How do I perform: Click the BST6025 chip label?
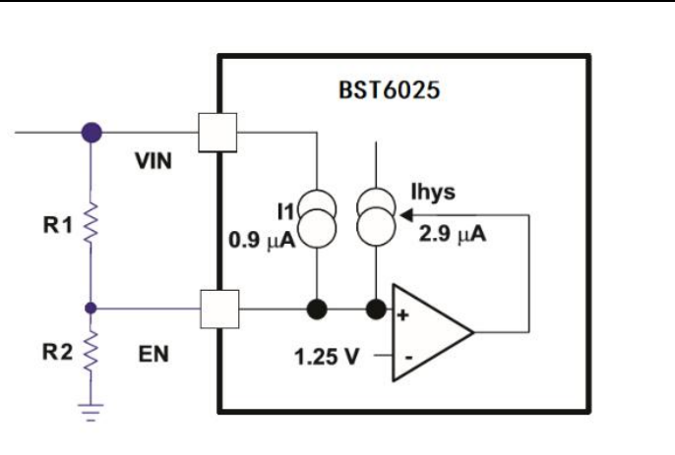click(x=390, y=90)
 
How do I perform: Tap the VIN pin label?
click(x=153, y=161)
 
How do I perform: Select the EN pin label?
click(x=153, y=354)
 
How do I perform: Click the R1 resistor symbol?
click(x=91, y=224)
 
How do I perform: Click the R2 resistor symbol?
click(x=91, y=352)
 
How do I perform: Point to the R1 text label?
click(x=58, y=225)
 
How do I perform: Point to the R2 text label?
click(x=57, y=352)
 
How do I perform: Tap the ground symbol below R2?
click(x=91, y=412)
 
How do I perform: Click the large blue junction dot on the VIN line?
click(x=92, y=132)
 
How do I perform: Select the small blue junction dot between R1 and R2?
click(x=91, y=308)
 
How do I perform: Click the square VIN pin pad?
click(x=217, y=133)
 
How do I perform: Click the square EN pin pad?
click(x=219, y=310)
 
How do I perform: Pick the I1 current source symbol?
click(x=317, y=218)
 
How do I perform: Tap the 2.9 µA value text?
click(x=453, y=235)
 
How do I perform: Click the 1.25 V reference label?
click(x=327, y=357)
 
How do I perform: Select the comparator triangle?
click(x=433, y=332)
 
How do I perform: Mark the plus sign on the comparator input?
click(x=402, y=315)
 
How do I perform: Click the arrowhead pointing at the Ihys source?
click(x=406, y=214)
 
